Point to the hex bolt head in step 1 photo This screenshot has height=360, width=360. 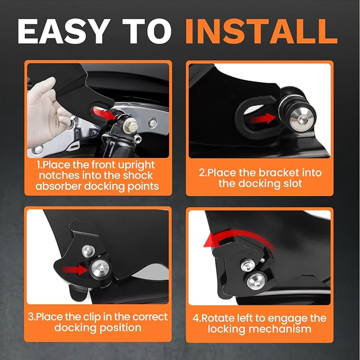pyautogui.click(x=131, y=125)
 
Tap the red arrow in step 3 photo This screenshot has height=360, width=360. pyautogui.click(x=75, y=269)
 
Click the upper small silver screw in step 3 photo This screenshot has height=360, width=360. pyautogui.click(x=89, y=251)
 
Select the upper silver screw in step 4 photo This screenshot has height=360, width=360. pyautogui.click(x=248, y=265)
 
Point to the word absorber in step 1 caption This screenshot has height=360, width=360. pyautogui.click(x=59, y=186)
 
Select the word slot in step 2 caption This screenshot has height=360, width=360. pyautogui.click(x=292, y=183)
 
